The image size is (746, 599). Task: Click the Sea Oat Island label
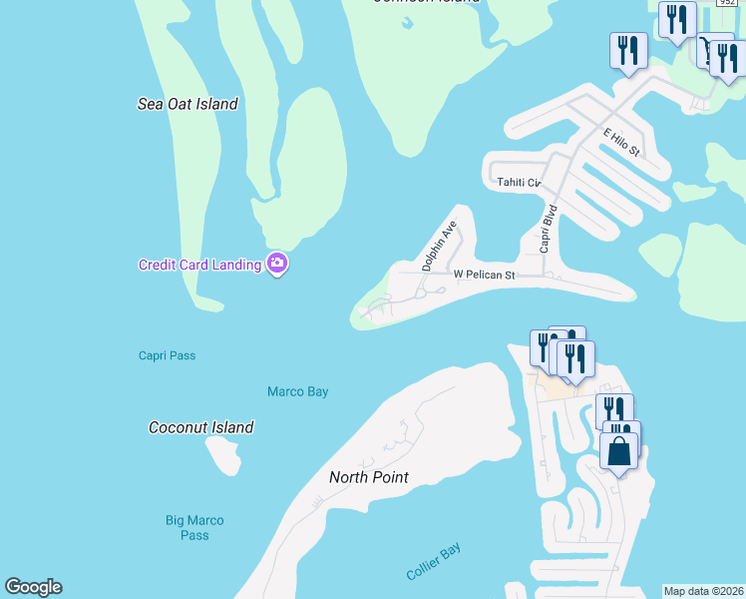(x=187, y=104)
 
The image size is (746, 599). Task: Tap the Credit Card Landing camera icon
(x=277, y=265)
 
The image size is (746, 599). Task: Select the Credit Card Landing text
(x=199, y=265)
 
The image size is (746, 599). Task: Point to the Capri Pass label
(x=168, y=355)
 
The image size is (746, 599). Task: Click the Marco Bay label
(x=297, y=392)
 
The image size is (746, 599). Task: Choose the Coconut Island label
(x=200, y=427)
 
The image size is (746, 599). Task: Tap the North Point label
(x=369, y=477)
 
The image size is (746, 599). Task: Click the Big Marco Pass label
(x=194, y=527)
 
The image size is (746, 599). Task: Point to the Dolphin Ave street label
(x=439, y=247)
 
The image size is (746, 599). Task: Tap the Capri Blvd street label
(x=549, y=229)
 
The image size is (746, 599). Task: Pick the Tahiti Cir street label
(x=519, y=183)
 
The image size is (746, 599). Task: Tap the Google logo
(x=33, y=587)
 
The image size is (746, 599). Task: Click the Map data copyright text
(x=704, y=591)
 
